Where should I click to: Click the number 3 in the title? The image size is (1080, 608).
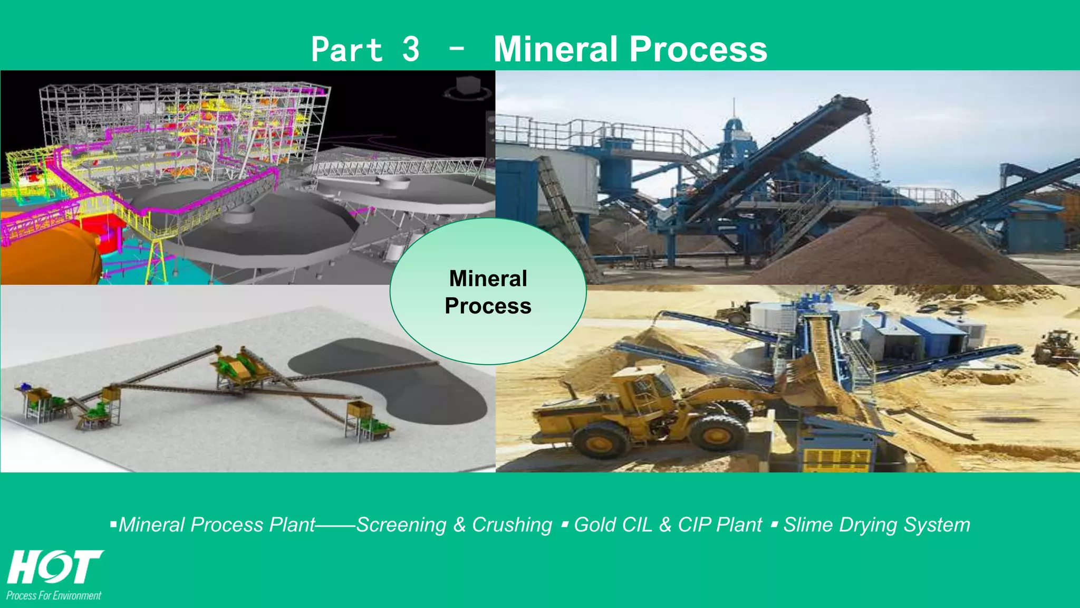click(410, 49)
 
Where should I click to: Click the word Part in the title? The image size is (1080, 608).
click(346, 49)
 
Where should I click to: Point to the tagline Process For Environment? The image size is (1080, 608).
click(54, 596)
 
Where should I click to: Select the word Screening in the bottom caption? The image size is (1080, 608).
click(401, 525)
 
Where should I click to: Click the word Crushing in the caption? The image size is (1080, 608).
click(512, 525)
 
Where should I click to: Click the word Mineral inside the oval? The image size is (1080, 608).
click(488, 279)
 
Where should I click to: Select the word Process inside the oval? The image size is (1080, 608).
click(488, 306)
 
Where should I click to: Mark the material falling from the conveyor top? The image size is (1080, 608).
click(873, 148)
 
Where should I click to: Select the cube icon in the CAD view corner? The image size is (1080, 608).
click(467, 87)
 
